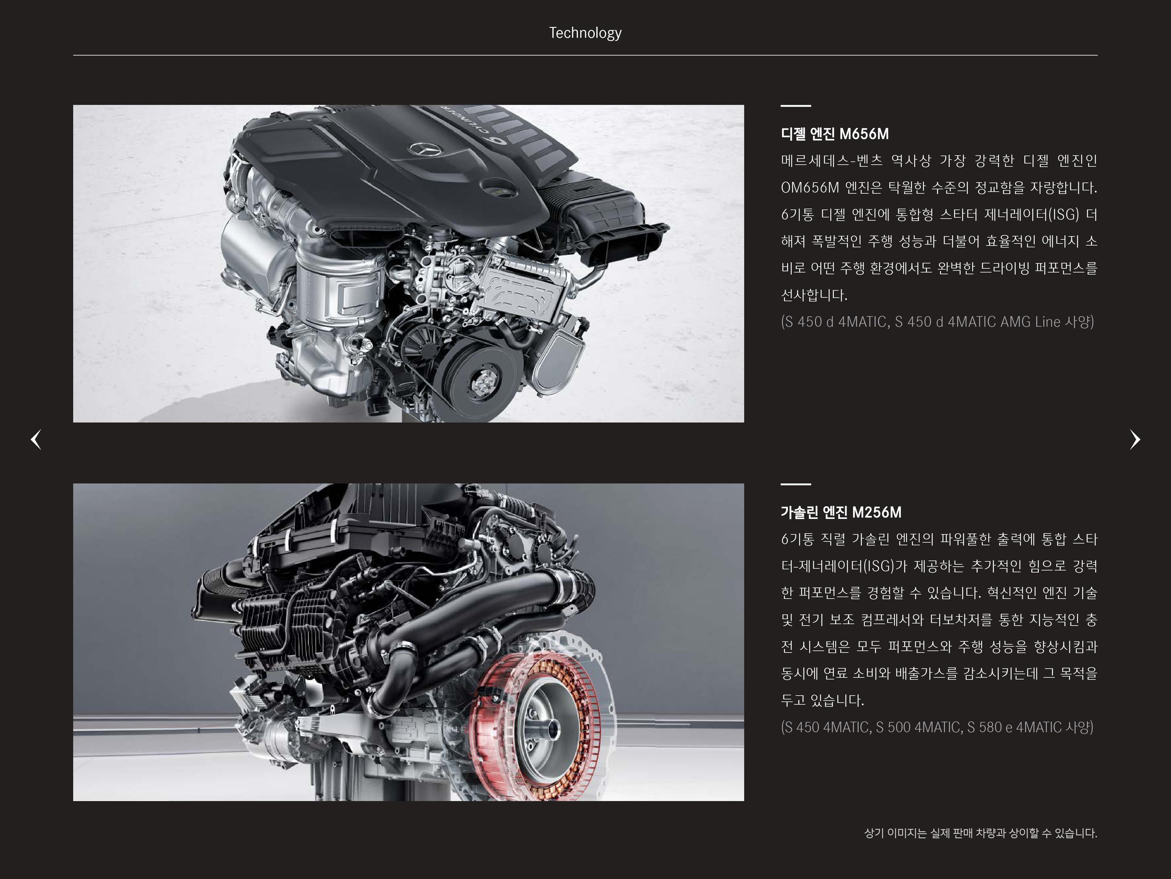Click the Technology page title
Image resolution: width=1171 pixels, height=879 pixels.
[x=585, y=33]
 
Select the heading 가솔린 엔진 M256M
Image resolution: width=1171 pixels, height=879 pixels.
[x=841, y=512]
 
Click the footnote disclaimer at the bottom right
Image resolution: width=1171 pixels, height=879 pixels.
[x=980, y=833]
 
